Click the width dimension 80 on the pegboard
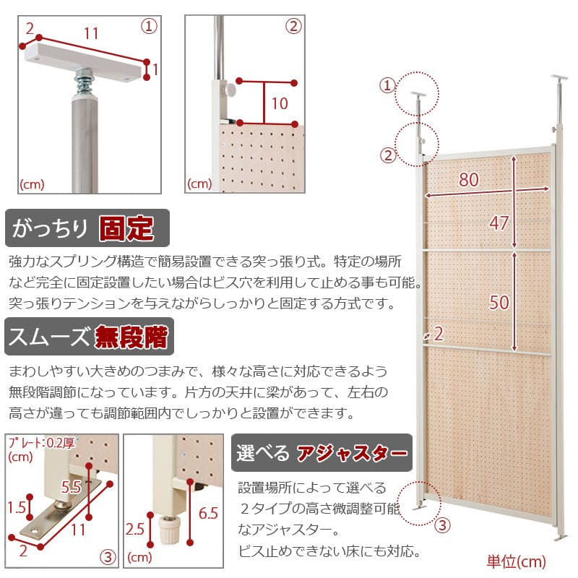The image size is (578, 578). click(x=468, y=179)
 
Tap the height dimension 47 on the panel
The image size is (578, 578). click(x=499, y=223)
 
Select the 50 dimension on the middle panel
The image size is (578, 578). click(x=499, y=302)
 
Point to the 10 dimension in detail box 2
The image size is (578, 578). click(x=280, y=103)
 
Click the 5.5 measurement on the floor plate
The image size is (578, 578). click(x=71, y=487)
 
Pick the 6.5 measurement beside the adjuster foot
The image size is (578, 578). click(x=208, y=513)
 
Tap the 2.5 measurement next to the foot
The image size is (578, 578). click(x=134, y=530)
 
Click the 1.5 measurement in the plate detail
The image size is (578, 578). click(x=17, y=508)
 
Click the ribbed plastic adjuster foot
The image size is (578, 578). click(x=170, y=529)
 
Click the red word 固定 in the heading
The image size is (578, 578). click(x=126, y=228)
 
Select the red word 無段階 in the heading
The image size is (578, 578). click(x=131, y=337)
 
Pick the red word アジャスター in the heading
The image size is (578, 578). click(x=352, y=453)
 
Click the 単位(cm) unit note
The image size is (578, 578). click(x=516, y=561)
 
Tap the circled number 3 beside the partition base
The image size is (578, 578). click(x=442, y=525)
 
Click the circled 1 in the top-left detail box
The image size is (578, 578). click(x=149, y=27)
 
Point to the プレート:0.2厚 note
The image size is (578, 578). click(x=41, y=442)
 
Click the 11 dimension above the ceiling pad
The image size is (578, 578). click(x=91, y=34)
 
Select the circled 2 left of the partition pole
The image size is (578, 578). click(x=388, y=155)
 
